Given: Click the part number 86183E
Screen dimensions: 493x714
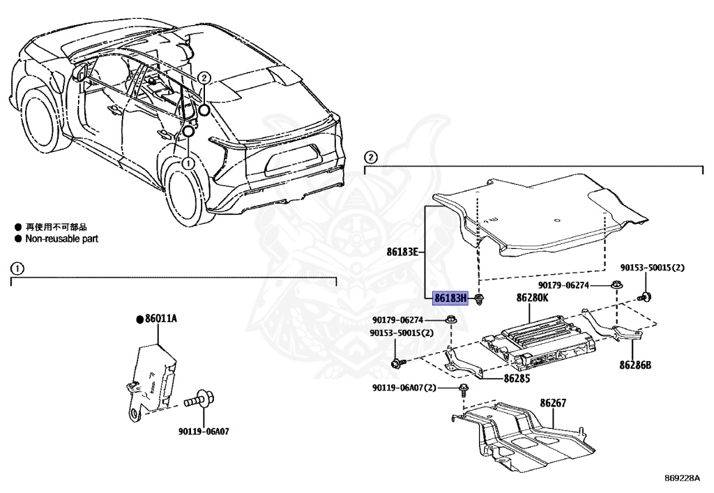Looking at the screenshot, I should click(x=402, y=251).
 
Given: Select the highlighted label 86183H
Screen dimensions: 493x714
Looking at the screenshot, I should click(x=450, y=298).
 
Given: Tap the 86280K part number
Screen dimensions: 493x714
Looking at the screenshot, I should click(x=533, y=298).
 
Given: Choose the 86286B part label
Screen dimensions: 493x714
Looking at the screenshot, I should click(x=635, y=364).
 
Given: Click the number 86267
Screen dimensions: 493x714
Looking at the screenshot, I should click(x=553, y=402).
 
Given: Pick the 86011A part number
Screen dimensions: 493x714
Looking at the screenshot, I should click(x=160, y=319).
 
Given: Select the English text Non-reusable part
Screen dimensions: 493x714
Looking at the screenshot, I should click(x=62, y=238).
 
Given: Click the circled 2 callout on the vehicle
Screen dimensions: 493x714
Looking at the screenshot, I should click(x=204, y=78).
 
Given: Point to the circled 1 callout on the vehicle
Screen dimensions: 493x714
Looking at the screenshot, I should click(x=188, y=162).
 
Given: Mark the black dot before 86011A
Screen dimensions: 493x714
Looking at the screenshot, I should click(x=139, y=319).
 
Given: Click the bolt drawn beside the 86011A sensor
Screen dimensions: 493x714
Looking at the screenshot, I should click(x=197, y=402).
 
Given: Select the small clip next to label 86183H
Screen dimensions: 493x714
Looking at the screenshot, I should click(x=480, y=299).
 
